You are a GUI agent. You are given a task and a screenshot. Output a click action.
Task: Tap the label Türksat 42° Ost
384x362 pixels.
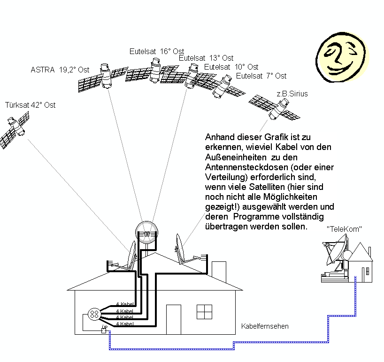pos(30,105)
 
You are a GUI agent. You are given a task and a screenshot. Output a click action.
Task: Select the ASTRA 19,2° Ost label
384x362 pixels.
pos(60,70)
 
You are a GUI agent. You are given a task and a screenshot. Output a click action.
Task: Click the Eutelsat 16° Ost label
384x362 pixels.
pos(157,51)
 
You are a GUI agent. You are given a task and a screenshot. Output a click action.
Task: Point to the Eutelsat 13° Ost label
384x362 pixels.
pos(206,58)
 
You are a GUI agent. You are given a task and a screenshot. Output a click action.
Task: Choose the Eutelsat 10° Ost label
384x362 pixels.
pos(231,67)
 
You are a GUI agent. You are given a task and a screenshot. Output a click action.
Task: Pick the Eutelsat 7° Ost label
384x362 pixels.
pos(261,75)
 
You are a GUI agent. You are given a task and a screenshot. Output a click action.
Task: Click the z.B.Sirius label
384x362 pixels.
pos(292,94)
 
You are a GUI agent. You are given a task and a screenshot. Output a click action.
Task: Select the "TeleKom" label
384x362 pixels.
pos(344,229)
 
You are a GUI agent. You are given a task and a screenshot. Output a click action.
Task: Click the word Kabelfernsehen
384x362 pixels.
pos(265,326)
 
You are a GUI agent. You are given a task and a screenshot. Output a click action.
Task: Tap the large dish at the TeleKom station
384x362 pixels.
pos(336,252)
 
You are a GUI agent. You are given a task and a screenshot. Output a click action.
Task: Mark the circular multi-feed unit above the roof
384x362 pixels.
pos(147,232)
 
